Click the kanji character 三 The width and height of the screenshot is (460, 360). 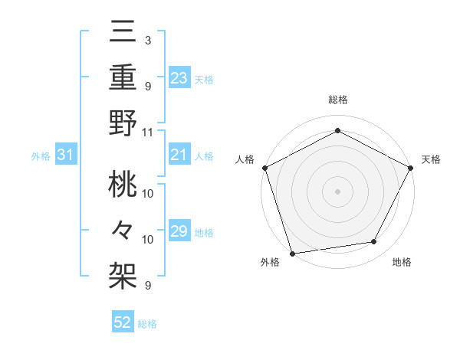click(x=123, y=33)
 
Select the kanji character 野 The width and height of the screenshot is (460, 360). click(x=123, y=123)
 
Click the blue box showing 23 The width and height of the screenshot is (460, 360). click(x=179, y=78)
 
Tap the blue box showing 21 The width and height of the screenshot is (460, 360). click(x=179, y=155)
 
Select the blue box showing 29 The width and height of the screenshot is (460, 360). click(x=179, y=232)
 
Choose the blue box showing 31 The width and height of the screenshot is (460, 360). click(x=66, y=155)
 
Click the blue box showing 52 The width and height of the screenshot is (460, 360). click(x=123, y=323)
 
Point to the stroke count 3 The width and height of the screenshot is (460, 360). click(x=147, y=39)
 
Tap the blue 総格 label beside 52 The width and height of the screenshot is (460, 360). click(x=148, y=324)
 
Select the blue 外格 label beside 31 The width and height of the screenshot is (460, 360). click(x=41, y=156)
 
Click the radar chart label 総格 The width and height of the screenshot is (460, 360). click(x=338, y=100)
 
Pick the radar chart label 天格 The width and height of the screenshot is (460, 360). click(x=431, y=159)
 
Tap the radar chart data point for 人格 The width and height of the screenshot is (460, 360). click(x=265, y=167)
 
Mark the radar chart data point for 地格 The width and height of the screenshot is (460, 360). click(x=374, y=242)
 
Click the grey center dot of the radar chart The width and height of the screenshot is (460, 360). click(x=338, y=191)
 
